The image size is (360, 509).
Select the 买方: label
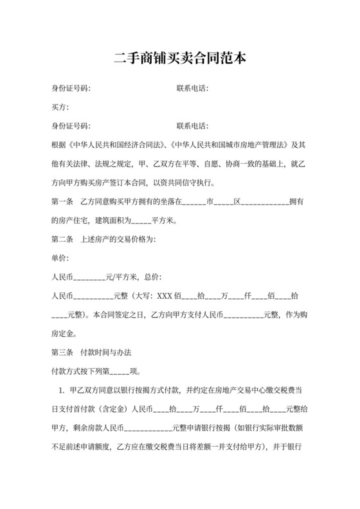(x=60, y=107)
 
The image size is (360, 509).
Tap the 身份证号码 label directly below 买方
(x=71, y=126)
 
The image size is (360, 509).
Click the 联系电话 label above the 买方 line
(x=192, y=88)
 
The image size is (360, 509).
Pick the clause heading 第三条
(x=62, y=353)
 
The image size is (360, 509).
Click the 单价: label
(x=60, y=259)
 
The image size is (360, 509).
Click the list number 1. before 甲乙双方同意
(x=61, y=391)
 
